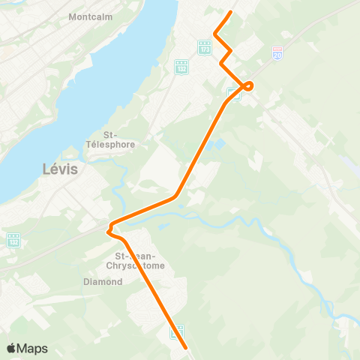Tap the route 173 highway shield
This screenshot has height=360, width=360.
point(205,46)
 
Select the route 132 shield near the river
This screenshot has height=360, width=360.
point(181,67)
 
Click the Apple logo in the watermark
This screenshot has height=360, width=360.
point(12,348)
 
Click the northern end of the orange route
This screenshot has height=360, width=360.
point(230,12)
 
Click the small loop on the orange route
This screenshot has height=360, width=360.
point(249,85)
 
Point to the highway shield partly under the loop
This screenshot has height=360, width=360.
point(233,95)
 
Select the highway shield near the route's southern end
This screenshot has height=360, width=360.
point(178,330)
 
